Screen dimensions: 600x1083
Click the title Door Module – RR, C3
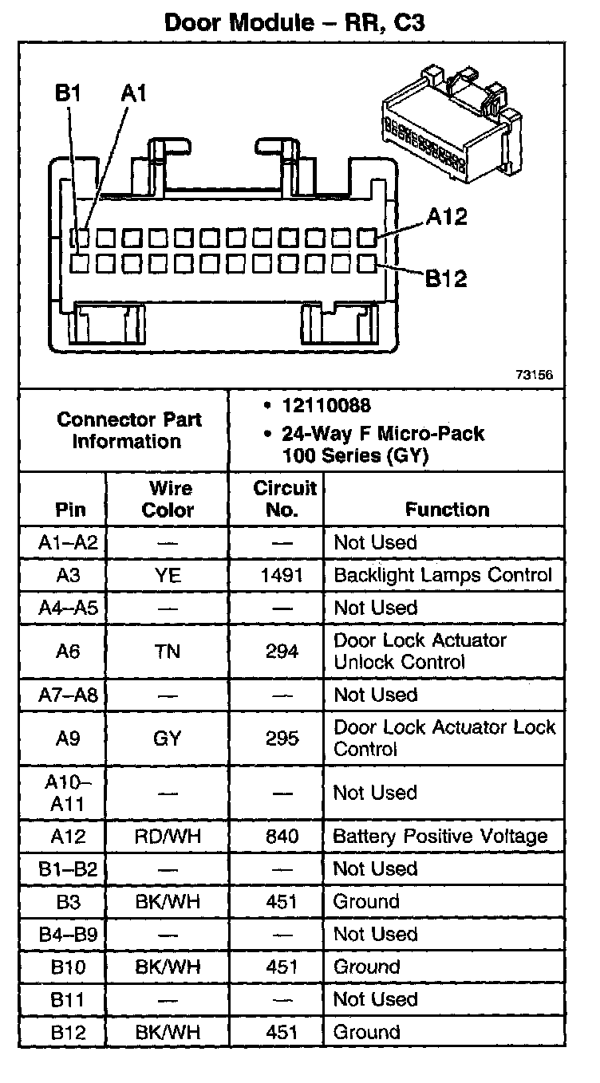click(294, 22)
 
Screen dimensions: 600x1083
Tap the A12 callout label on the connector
click(446, 216)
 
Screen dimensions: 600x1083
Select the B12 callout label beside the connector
click(446, 278)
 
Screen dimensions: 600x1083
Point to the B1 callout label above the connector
click(69, 94)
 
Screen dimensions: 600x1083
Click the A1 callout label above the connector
click(134, 94)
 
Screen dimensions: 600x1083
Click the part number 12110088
click(326, 406)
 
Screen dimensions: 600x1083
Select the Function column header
click(447, 509)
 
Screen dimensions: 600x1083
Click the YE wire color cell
click(168, 575)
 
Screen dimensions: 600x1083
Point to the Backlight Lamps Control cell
click(443, 575)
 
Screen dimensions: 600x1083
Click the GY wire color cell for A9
click(168, 738)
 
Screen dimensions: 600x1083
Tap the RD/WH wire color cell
click(168, 837)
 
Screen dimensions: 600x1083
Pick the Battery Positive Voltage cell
click(440, 837)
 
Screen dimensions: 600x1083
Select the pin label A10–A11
click(68, 794)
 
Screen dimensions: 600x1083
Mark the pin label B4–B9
click(68, 934)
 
